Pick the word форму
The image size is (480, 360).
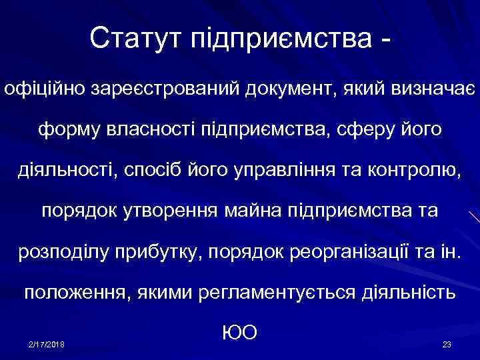click(67, 129)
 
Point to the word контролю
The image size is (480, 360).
click(419, 170)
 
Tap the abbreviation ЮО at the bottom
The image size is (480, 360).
click(239, 332)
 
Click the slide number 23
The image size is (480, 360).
click(447, 344)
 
